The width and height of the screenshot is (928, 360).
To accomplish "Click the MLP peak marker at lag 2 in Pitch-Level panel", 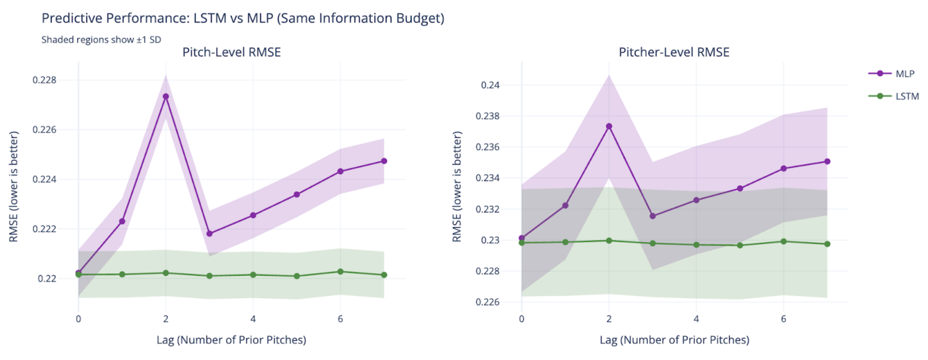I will click(166, 96).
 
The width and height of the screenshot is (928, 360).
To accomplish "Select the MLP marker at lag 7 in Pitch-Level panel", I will click(384, 161).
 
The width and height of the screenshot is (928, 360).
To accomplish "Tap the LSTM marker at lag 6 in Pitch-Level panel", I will click(340, 272).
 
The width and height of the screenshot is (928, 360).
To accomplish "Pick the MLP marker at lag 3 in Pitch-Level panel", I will click(210, 234).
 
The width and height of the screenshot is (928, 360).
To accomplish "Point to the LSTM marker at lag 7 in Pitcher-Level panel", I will click(827, 244).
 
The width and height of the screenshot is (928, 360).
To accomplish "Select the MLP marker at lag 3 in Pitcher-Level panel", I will click(653, 216).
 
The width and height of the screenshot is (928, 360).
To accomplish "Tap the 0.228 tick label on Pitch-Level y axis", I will click(45, 80).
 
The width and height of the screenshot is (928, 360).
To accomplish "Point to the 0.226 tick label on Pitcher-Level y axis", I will click(488, 302).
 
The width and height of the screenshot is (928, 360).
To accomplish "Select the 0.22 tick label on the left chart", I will click(47, 278).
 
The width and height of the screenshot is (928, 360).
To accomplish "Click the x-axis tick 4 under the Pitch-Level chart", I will click(253, 319).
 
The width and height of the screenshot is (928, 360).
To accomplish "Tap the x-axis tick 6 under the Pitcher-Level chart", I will click(784, 319).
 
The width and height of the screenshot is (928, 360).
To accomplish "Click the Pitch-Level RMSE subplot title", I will click(232, 52).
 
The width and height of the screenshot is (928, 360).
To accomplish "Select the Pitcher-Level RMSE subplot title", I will click(674, 52).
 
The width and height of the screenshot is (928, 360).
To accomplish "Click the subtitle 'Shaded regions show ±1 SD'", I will click(101, 40).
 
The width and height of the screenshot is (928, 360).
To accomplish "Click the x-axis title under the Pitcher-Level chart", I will click(674, 340).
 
